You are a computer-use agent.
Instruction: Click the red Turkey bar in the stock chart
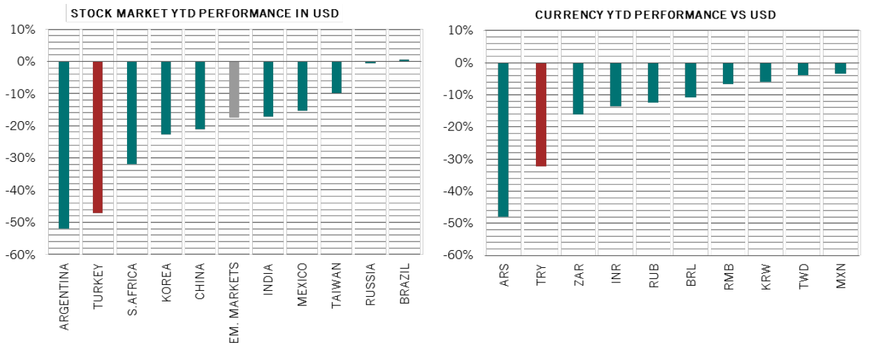97,137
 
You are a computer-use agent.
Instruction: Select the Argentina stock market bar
64,145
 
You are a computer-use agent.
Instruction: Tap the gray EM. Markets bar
234,90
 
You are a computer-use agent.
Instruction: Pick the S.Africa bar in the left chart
132,113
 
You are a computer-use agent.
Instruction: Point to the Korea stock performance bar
166,97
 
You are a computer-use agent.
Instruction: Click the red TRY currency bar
540,115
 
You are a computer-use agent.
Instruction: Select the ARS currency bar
503,140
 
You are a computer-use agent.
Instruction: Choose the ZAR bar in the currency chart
578,88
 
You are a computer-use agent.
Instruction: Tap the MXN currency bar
840,68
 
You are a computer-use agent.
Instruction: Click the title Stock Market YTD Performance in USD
206,13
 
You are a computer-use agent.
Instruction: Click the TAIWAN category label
336,284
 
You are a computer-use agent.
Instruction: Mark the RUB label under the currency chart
653,277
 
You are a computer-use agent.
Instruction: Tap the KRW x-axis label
766,277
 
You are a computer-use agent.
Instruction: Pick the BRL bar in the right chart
691,80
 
